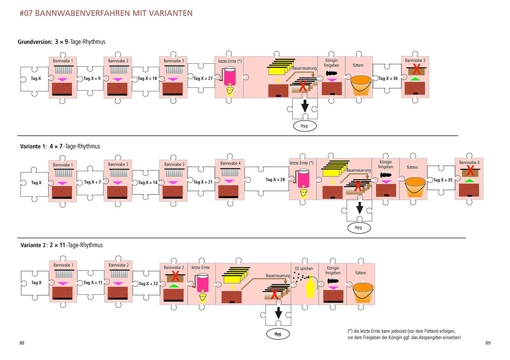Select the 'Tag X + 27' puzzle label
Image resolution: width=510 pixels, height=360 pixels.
pos(203,78)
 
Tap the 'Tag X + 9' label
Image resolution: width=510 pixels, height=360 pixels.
pos(92,78)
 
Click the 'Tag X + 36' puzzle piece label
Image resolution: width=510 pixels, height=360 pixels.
pos(388,78)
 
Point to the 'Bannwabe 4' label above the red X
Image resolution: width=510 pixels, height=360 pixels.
pos(469,162)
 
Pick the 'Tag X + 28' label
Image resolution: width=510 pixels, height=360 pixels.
pos(275,179)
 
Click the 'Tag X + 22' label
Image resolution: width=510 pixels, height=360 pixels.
pos(148,283)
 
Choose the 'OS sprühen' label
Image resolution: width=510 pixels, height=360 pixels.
pos(304,268)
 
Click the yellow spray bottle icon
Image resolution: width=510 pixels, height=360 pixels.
pos(310,288)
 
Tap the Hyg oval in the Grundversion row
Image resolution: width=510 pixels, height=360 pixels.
pos(304,126)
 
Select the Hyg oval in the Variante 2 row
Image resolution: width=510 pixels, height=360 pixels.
pos(278,334)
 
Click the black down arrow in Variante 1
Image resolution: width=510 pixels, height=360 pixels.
pos(359,207)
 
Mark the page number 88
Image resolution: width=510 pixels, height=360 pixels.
pos(22,343)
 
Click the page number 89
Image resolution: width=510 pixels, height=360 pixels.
pos(488,343)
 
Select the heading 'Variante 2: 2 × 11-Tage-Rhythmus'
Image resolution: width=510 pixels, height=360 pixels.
pos(62,245)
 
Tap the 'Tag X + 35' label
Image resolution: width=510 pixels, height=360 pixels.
pos(443,180)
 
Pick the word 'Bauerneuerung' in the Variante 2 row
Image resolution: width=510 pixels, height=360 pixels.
pos(278,276)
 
